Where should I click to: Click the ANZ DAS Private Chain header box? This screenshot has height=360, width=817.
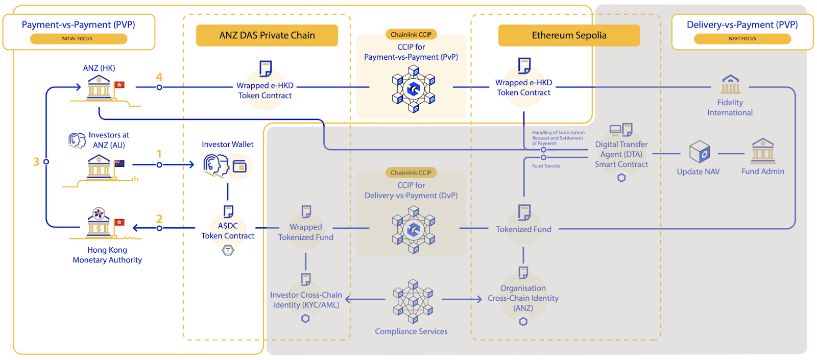point(267,35)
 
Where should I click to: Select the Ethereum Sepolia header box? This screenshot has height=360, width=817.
point(569,35)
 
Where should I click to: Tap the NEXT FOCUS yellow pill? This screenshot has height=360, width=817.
point(742,39)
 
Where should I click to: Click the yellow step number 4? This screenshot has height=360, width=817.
point(159,77)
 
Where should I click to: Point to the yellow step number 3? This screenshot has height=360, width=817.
point(36,162)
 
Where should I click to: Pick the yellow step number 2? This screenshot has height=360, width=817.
point(159,219)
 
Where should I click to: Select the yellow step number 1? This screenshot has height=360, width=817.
point(159,154)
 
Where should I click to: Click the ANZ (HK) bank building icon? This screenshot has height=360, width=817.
point(99,87)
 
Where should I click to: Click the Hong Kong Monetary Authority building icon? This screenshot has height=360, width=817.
point(99,223)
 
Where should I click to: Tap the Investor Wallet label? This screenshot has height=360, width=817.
point(228,145)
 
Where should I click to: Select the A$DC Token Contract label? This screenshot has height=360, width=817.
point(228,231)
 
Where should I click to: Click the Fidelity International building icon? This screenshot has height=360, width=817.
point(730,84)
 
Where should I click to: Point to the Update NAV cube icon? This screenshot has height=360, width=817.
point(700,152)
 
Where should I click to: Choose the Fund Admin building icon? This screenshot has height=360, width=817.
point(763,151)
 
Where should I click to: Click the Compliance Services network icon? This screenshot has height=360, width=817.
point(413,301)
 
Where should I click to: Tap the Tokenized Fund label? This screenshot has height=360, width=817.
point(523,229)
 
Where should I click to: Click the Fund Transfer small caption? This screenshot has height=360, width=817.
point(546,166)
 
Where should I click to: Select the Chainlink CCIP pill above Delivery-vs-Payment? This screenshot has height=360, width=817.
point(411,173)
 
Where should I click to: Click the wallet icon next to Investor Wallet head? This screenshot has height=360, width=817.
point(239,166)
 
